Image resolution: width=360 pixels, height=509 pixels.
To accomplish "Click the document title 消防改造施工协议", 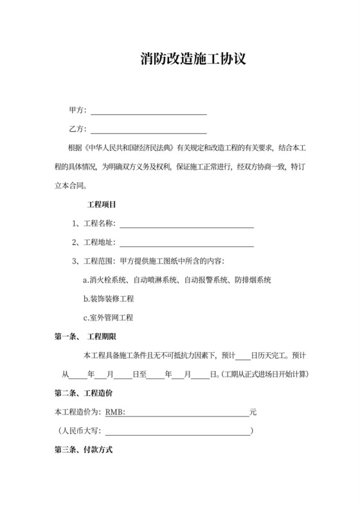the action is tap(193, 60).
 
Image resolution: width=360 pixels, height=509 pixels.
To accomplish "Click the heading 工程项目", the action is tap(102, 205).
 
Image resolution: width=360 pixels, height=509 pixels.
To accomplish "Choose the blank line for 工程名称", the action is tap(186, 224).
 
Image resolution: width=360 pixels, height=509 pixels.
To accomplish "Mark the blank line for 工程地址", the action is tap(186, 243).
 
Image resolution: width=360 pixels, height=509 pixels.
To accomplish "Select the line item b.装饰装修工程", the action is tap(108, 299).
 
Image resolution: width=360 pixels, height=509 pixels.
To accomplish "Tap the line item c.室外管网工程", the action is tap(108, 317).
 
